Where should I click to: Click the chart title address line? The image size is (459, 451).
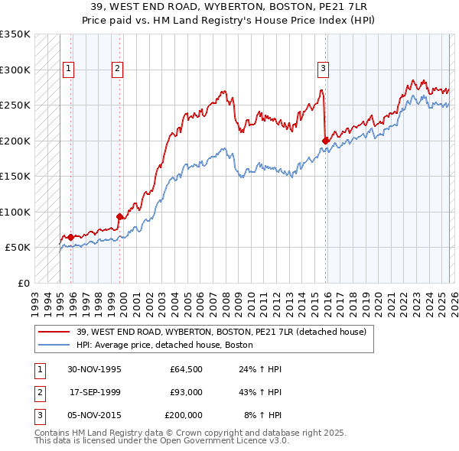pyautogui.click(x=229, y=7)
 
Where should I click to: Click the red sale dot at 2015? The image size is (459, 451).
pyautogui.click(x=326, y=141)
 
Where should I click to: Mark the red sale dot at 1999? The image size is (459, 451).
pyautogui.click(x=120, y=216)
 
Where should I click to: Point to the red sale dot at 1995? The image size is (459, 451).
pyautogui.click(x=71, y=237)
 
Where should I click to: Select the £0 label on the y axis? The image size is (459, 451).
pyautogui.click(x=23, y=283)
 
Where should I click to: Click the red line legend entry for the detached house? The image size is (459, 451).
pyautogui.click(x=222, y=332)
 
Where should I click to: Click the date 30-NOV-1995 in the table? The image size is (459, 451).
pyautogui.click(x=94, y=369)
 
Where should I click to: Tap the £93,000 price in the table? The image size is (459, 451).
pyautogui.click(x=186, y=392)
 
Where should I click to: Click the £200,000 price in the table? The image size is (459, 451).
pyautogui.click(x=184, y=415)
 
